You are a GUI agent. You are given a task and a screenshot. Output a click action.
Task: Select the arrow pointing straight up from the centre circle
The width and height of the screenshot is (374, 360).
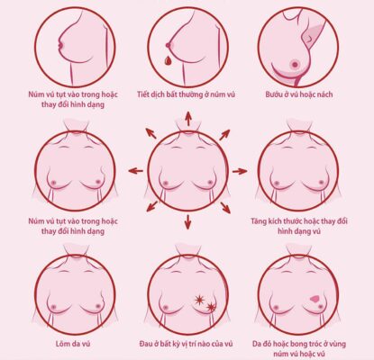point(188,119)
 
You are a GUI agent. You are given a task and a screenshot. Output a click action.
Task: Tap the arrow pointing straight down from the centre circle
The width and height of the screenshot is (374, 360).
point(188,222)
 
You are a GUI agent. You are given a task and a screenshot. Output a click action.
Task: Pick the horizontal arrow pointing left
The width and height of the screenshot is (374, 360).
point(136,171)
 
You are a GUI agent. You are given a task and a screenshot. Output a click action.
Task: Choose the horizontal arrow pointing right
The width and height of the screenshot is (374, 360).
point(240,171)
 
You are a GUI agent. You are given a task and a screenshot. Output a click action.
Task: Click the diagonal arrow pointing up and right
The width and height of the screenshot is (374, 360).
point(224,135)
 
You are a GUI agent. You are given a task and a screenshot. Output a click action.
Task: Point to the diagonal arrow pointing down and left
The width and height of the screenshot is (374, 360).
point(152,206)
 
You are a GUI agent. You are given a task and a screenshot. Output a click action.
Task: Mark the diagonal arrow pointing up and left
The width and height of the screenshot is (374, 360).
point(151,133)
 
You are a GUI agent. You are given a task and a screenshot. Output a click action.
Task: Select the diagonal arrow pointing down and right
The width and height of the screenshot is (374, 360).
point(225,208)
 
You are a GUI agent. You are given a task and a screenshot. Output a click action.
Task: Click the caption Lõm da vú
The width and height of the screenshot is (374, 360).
point(73,344)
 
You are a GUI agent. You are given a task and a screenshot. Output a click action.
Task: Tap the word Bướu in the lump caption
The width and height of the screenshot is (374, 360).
point(273,94)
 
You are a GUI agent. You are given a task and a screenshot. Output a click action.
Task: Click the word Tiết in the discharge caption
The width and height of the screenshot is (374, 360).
point(143,94)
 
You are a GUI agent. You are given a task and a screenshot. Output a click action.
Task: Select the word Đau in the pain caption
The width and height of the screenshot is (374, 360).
point(146,344)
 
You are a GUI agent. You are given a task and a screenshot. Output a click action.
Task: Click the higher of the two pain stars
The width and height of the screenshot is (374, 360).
point(199,300)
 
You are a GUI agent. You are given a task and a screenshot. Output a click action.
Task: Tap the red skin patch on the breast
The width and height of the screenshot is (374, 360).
point(315,299)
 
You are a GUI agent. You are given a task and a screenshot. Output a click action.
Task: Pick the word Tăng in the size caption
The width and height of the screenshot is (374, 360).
point(259,222)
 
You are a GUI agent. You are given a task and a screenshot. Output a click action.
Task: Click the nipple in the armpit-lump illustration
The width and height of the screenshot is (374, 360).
point(296,64)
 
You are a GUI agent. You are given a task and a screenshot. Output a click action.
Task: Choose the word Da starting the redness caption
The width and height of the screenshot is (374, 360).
point(257,344)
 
